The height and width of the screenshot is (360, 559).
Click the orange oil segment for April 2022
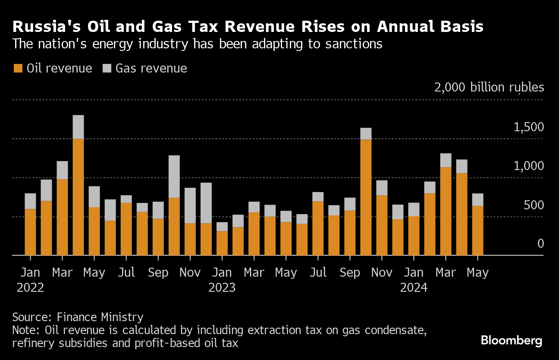[x=78, y=197]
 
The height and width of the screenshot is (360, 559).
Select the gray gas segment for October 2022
[x=174, y=177]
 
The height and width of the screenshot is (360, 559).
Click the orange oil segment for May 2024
[x=477, y=231]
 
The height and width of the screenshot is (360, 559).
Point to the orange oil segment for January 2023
[x=222, y=243]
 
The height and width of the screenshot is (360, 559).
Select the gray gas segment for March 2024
[x=446, y=160]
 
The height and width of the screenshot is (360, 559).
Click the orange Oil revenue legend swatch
[x=18, y=68]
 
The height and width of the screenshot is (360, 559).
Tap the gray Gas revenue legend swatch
[x=107, y=68]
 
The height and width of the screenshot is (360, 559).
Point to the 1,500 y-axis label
[x=529, y=127]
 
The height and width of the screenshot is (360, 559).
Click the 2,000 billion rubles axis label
[x=489, y=88]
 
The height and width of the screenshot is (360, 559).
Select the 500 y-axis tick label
[x=534, y=205]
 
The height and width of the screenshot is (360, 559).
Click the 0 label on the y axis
[x=540, y=244]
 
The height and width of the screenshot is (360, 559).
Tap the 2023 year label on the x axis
[x=222, y=287]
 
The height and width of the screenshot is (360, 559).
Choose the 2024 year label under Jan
[x=414, y=287]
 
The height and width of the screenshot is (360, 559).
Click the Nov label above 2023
[x=190, y=273]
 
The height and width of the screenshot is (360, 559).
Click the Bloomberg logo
[x=512, y=341]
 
